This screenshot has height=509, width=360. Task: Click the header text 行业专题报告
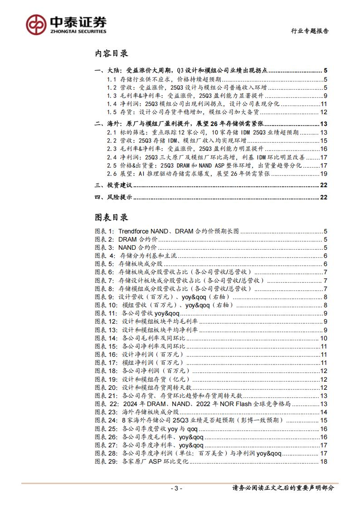pyautogui.click(x=309, y=31)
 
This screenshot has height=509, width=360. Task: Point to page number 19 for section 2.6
pyautogui.click(x=323, y=174)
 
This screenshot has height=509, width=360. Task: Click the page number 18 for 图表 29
pyautogui.click(x=323, y=461)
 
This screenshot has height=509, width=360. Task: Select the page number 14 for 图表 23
pyautogui.click(x=323, y=412)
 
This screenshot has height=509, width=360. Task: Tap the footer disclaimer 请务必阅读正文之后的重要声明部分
pyautogui.click(x=283, y=488)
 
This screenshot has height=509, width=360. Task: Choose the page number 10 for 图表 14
pyautogui.click(x=323, y=338)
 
